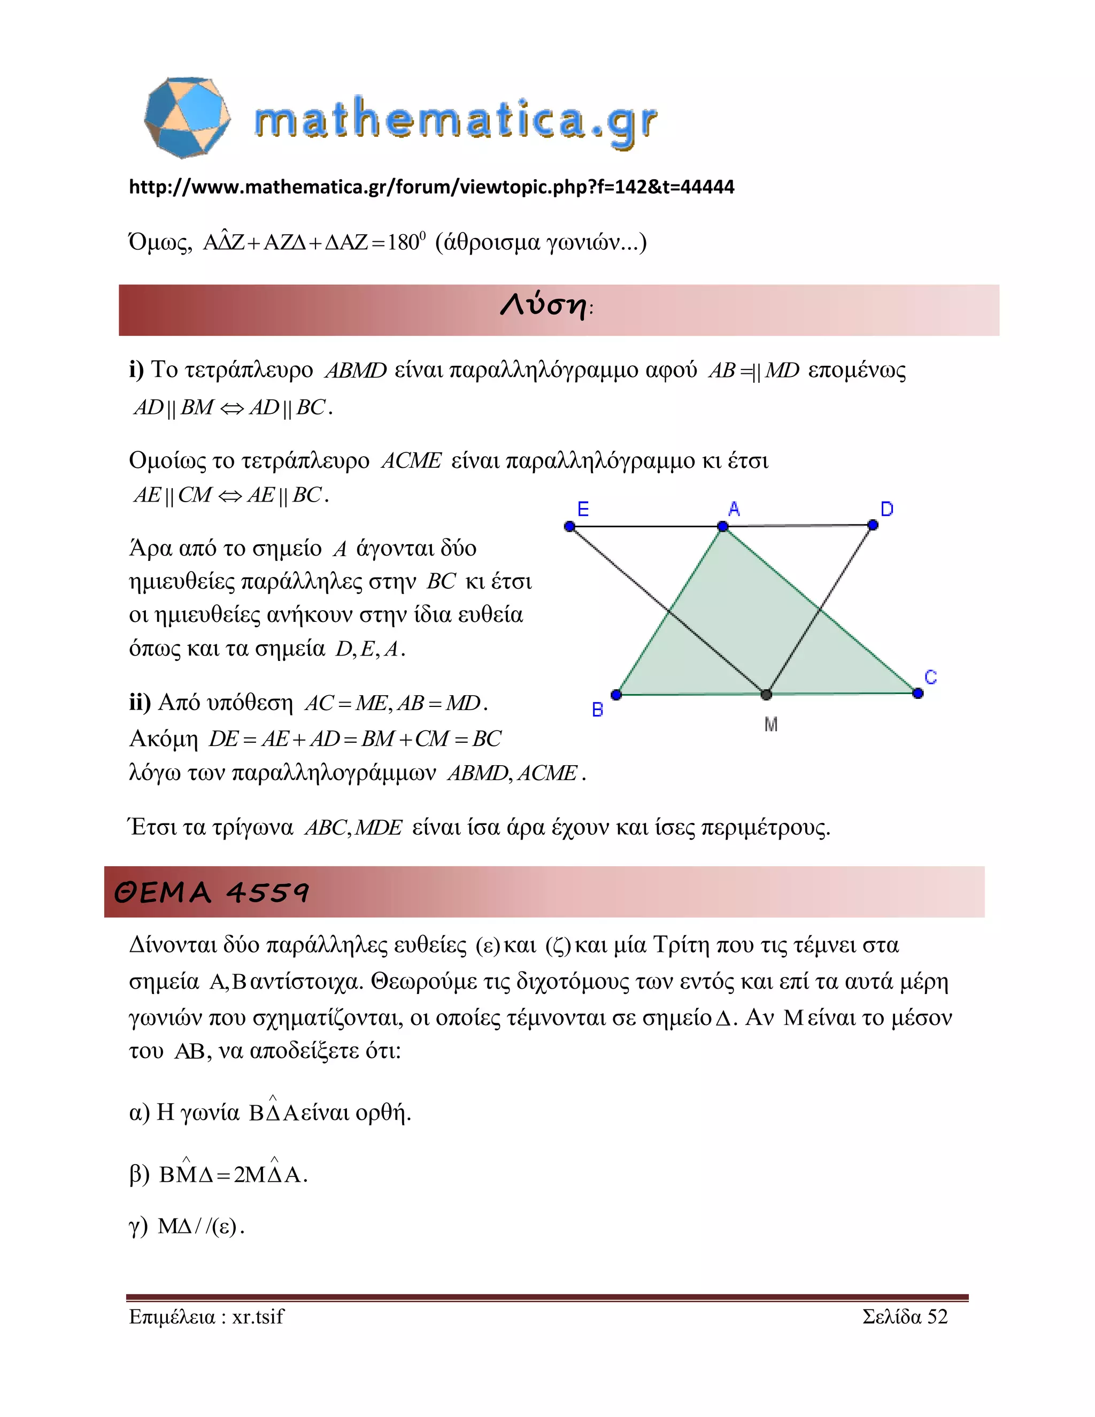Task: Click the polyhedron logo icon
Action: (187, 118)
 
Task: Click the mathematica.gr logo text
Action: (456, 121)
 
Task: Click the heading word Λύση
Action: (544, 305)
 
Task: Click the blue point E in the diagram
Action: (569, 526)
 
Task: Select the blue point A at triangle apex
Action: (723, 527)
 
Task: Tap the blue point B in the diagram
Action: (616, 695)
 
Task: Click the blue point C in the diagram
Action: (917, 694)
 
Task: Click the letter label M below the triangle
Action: (770, 725)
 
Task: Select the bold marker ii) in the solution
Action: (140, 703)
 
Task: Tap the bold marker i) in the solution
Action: (136, 370)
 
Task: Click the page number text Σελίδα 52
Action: (905, 1316)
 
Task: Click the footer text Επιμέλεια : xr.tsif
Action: (206, 1316)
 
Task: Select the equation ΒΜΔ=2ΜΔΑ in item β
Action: (232, 1174)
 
